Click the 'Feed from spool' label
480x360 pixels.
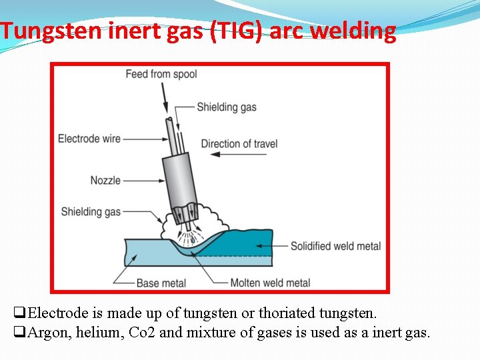pyautogui.click(x=161, y=73)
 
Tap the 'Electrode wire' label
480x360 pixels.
pyautogui.click(x=89, y=139)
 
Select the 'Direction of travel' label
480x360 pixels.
pyautogui.click(x=239, y=143)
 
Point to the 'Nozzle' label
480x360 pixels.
pyautogui.click(x=105, y=180)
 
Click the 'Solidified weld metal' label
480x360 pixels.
pyautogui.click(x=335, y=246)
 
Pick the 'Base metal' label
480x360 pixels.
pyautogui.click(x=161, y=283)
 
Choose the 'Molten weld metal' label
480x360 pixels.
pyautogui.click(x=270, y=283)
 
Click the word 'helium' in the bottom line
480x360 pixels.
pyautogui.click(x=99, y=331)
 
